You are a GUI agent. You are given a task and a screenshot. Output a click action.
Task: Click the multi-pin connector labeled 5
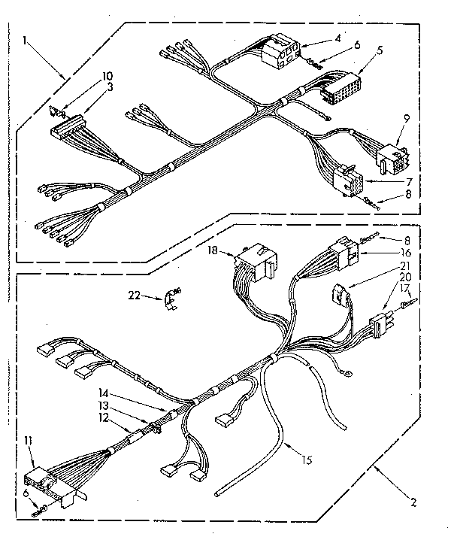tap(340, 86)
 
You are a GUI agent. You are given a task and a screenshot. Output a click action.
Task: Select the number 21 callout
tap(405, 265)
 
